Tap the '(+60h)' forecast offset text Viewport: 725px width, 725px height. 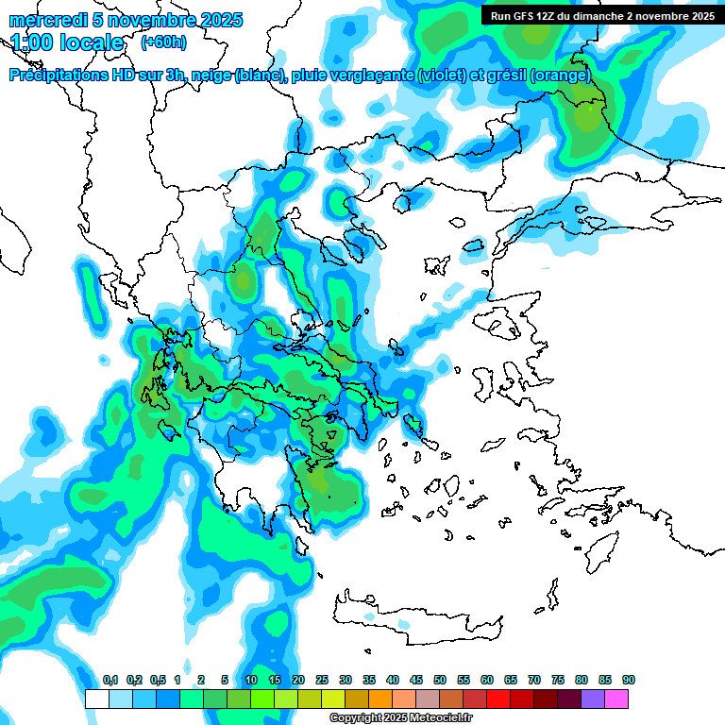(x=163, y=42)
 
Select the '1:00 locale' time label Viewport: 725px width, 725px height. (x=68, y=42)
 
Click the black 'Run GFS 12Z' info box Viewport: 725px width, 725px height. (x=600, y=16)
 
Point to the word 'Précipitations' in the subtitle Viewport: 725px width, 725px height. (x=63, y=76)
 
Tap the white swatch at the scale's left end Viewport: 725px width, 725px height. (x=96, y=699)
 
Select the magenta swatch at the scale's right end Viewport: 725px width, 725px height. (x=616, y=699)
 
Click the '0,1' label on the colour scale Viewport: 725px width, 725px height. (x=110, y=680)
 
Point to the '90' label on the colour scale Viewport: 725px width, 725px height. (x=629, y=680)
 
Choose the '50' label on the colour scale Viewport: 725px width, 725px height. (x=440, y=680)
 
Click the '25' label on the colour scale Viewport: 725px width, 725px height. (x=322, y=680)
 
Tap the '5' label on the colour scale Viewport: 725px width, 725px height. (x=225, y=680)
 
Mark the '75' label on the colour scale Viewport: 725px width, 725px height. (x=558, y=680)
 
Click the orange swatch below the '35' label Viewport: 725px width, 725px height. (x=380, y=699)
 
